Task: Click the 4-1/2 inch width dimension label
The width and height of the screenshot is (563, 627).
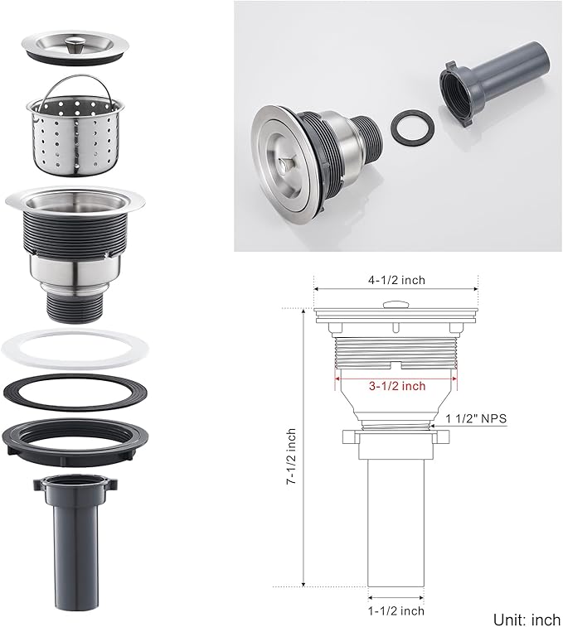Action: [x=396, y=280]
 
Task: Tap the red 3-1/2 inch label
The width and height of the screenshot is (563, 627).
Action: [x=397, y=386]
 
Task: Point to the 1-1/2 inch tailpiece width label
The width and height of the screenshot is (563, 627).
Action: [x=396, y=611]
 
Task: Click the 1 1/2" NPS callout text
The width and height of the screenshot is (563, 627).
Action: [x=476, y=418]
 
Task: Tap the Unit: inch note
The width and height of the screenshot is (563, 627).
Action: [x=527, y=620]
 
